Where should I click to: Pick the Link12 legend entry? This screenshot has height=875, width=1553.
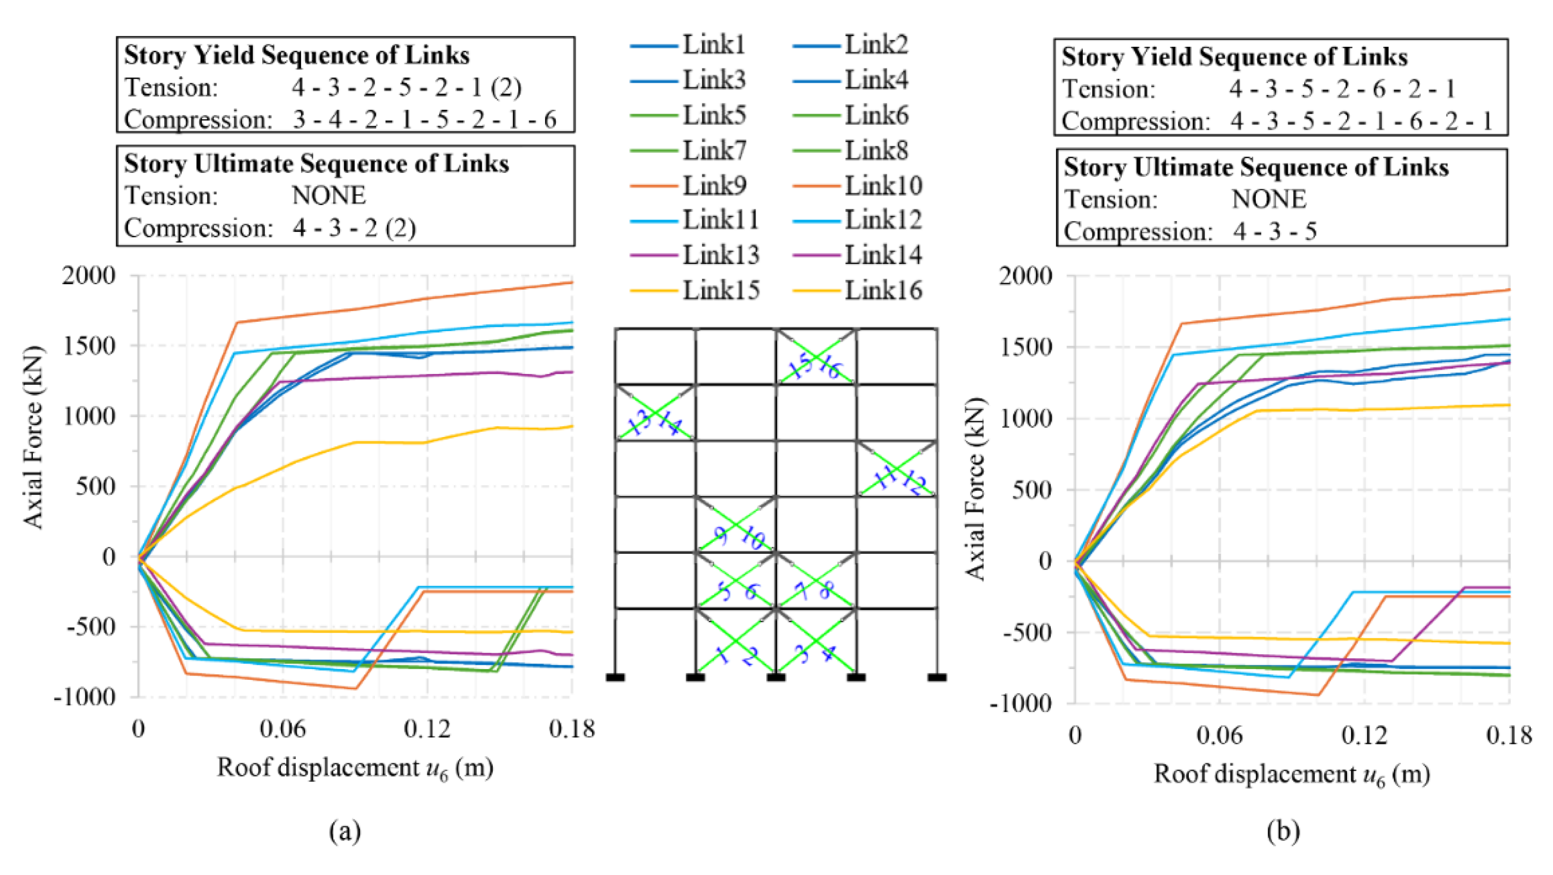pos(883,220)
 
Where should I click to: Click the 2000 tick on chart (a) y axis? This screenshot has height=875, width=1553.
pos(89,275)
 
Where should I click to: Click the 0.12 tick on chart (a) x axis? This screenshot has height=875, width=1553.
pos(427,730)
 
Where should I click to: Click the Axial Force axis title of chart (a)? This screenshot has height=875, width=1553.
pos(34,437)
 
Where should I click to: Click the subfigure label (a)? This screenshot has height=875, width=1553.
pos(345,831)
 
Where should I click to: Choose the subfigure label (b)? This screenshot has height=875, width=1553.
pos(1283,831)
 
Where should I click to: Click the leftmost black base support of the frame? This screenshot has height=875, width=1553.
pos(615,677)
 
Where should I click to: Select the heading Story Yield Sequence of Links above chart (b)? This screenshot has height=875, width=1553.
pos(1234,57)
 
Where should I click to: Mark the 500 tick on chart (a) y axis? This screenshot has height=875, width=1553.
pos(95,486)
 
